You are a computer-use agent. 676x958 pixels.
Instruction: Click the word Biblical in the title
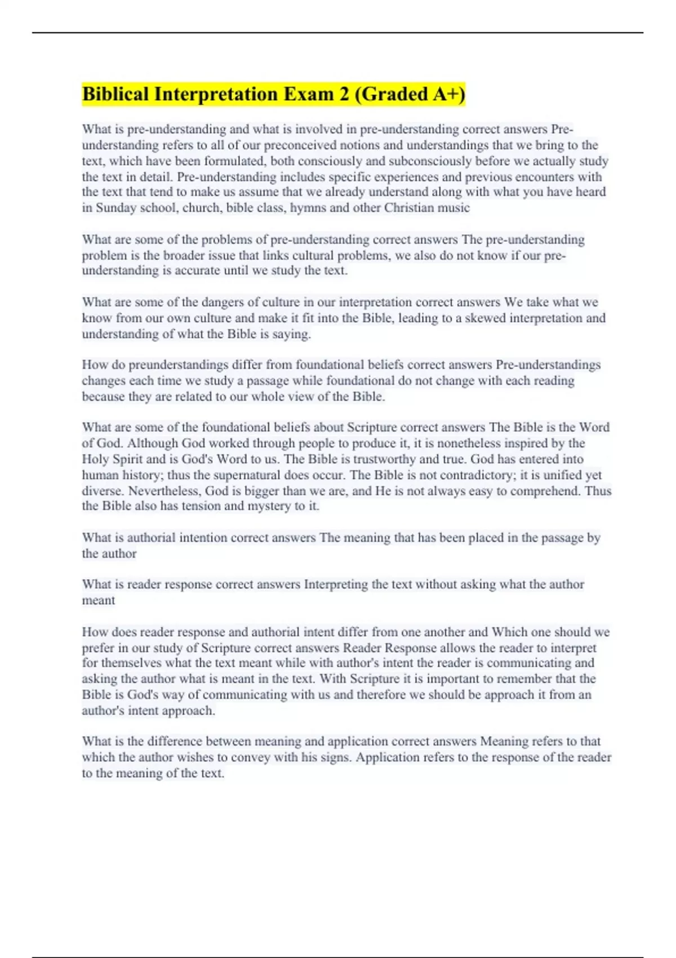pos(115,94)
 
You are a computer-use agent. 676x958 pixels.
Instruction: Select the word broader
pos(183,255)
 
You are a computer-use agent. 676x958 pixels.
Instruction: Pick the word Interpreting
pos(336,584)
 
